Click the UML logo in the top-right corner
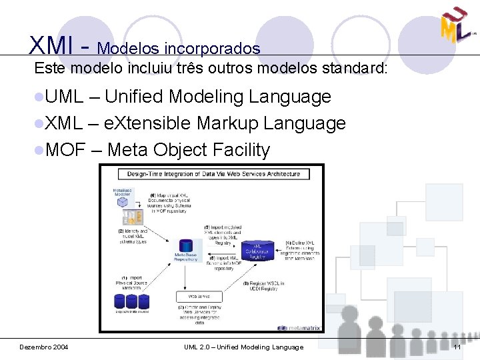point(456,25)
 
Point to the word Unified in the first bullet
point(133,97)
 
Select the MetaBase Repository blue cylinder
point(186,246)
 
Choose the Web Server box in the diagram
point(199,296)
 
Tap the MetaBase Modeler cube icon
point(123,207)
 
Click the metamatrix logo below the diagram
point(300,328)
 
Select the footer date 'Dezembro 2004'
point(43,347)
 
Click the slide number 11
point(457,347)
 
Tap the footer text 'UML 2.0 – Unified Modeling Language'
point(243,347)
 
